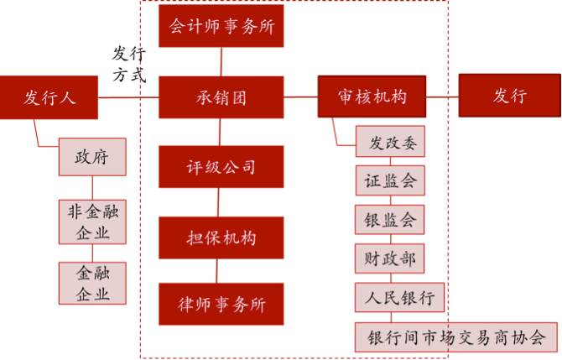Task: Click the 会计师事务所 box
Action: click(221, 27)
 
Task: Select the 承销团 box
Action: click(221, 97)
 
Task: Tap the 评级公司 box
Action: click(221, 166)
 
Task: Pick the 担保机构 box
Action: click(221, 237)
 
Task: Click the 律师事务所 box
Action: click(221, 305)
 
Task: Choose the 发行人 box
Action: click(49, 97)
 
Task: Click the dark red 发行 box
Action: click(509, 97)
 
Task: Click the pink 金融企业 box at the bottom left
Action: click(91, 283)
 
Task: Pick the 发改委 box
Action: click(389, 142)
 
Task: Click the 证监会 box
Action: click(389, 180)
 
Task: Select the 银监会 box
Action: click(389, 220)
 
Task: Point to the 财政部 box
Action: click(389, 258)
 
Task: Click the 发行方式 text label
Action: click(130, 64)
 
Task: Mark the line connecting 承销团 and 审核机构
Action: click(300, 97)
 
